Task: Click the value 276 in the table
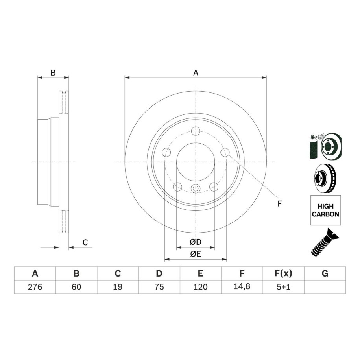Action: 35,287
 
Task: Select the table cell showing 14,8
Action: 242,286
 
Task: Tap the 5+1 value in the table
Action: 283,287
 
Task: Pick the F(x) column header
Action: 283,273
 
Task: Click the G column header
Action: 325,273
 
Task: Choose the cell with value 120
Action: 200,287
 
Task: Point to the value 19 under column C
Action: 118,287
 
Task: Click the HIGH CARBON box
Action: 325,210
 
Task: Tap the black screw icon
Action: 325,242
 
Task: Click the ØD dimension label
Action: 196,242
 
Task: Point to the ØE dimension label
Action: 196,254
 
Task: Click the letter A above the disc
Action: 196,73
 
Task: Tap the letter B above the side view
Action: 53,73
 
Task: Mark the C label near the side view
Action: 85,242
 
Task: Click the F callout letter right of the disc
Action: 279,203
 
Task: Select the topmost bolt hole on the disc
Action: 196,131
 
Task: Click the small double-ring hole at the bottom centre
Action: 196,188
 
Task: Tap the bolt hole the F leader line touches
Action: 225,152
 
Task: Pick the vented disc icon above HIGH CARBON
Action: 325,178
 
